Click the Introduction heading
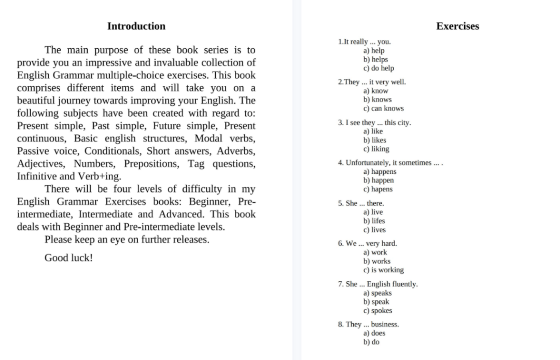tap(136, 26)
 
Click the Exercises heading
tap(457, 26)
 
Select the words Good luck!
tap(68, 257)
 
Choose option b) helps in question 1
tap(375, 59)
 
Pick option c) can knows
tap(383, 108)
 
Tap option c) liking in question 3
tap(376, 149)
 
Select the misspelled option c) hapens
tap(377, 189)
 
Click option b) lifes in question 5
tap(374, 221)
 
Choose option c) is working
tap(383, 270)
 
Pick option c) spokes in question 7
tap(377, 311)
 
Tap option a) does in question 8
tap(374, 333)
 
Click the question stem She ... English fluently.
tap(377, 284)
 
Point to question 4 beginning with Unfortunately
tap(390, 163)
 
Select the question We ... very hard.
tap(367, 243)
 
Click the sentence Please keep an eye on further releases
tap(127, 240)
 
